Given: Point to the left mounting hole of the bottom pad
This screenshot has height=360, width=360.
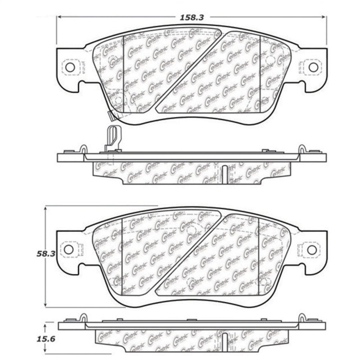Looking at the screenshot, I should tap(68, 249).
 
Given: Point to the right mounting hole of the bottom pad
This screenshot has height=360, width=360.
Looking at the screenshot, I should tap(311, 249).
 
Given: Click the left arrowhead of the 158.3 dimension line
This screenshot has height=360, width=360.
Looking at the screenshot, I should tap(58, 17).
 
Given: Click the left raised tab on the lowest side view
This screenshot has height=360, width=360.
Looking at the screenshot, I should tap(84, 318).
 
